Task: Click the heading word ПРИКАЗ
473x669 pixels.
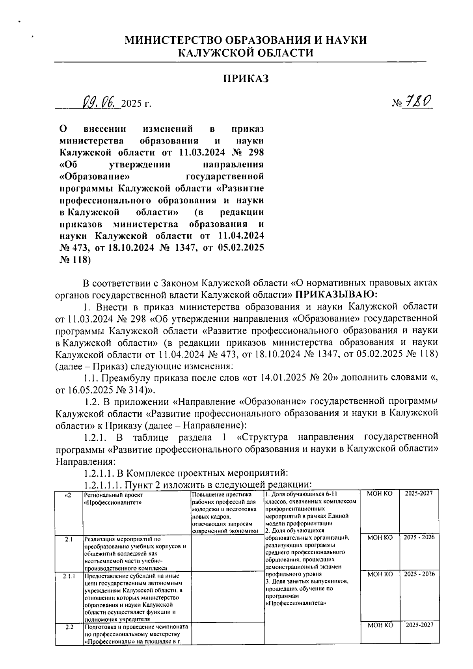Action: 246,79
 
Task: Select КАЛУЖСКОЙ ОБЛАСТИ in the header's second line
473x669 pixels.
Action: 246,53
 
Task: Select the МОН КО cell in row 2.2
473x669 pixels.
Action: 380,625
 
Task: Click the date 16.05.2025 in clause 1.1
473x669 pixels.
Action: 90,390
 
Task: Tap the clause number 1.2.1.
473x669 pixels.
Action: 95,438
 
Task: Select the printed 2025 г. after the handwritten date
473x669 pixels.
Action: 136,104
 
